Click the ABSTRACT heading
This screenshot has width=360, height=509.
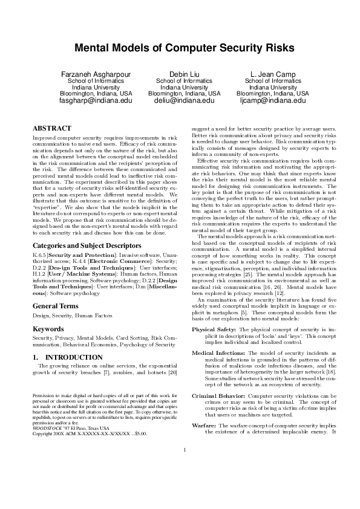pyautogui.click(x=51, y=128)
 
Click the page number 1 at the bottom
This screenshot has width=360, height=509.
pyautogui.click(x=184, y=483)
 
